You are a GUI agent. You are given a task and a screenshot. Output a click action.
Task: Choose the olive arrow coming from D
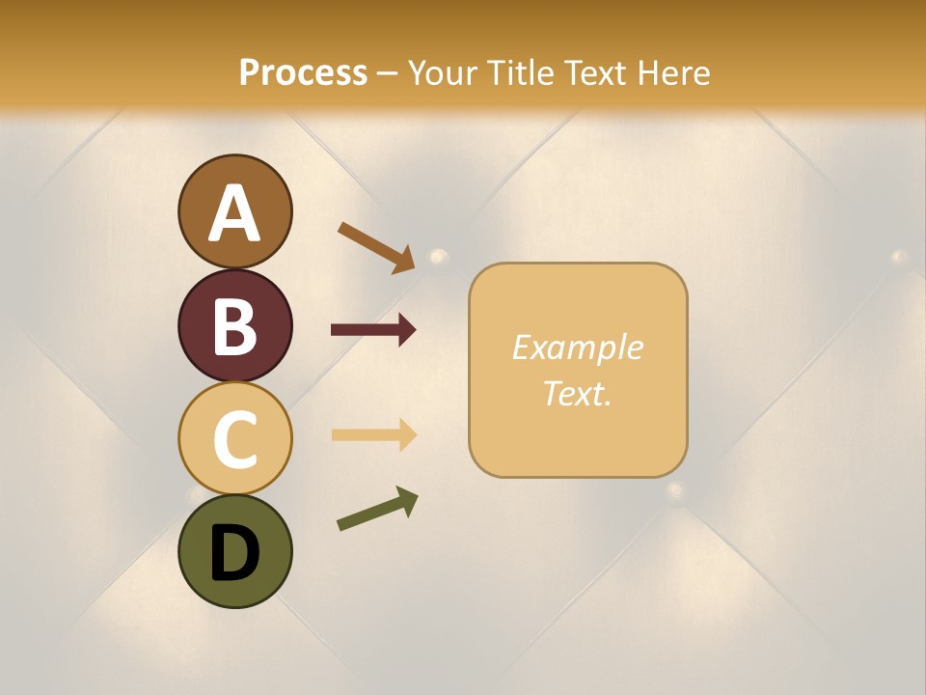[x=377, y=509]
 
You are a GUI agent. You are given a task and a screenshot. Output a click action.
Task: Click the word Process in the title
[x=303, y=72]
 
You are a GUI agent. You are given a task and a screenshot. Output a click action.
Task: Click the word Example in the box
[x=577, y=347]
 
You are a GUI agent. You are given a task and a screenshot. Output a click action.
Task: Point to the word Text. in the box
[x=577, y=393]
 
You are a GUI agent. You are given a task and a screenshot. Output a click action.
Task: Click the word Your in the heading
[x=443, y=72]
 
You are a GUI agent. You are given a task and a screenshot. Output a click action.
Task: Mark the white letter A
[x=234, y=213]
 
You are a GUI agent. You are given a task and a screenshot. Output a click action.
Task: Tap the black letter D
[x=234, y=553]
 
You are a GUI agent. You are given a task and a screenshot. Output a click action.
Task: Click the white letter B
[x=234, y=326]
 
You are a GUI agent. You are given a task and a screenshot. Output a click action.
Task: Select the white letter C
[x=234, y=439]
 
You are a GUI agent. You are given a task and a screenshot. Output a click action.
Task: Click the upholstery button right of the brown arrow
[x=439, y=257]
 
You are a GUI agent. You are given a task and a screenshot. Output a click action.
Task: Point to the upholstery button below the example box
[x=676, y=488]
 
